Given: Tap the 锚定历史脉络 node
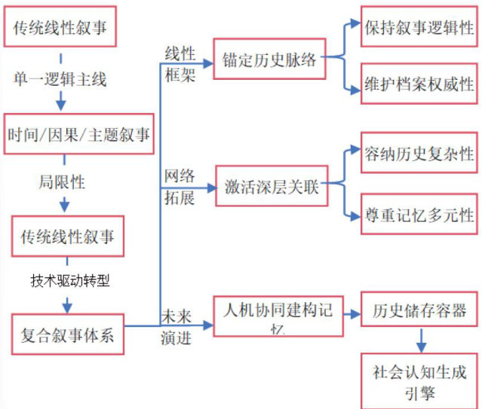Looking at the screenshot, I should tap(269, 60).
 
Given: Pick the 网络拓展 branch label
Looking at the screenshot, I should tap(179, 186).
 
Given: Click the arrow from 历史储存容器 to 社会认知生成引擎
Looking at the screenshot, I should tap(420, 342).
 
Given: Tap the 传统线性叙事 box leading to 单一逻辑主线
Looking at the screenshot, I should tap(63, 27).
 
